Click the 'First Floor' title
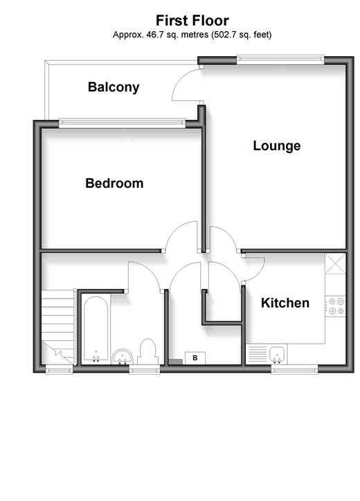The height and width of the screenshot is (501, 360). [x=192, y=21]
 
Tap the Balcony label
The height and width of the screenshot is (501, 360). [x=114, y=87]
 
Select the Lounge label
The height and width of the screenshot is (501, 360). [x=277, y=146]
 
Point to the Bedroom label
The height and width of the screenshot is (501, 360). [x=114, y=184]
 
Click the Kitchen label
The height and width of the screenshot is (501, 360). [x=285, y=304]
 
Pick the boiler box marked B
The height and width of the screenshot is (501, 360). [x=195, y=358]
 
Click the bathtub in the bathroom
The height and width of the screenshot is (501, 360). [x=96, y=328]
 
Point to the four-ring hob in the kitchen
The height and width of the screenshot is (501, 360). [x=336, y=306]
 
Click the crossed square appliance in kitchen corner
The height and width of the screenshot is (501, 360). [x=335, y=264]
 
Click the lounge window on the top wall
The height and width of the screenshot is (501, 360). [x=280, y=59]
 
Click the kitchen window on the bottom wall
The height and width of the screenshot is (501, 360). [x=294, y=369]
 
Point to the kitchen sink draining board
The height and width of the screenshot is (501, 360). [x=257, y=354]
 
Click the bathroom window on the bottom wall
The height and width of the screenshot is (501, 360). [x=144, y=369]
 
